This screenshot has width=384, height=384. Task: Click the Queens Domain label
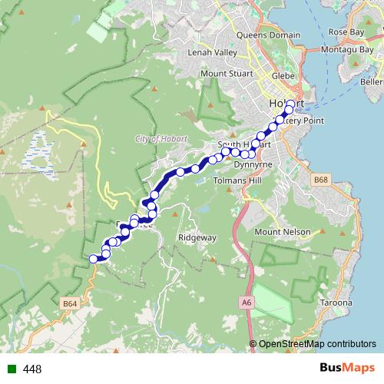click(x=269, y=35)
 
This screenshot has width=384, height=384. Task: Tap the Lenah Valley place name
click(x=213, y=53)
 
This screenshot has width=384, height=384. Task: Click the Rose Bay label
click(x=345, y=32)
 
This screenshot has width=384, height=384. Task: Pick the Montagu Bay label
click(x=353, y=50)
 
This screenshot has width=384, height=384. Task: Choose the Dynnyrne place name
click(x=253, y=164)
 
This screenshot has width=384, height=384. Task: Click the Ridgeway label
click(x=197, y=238)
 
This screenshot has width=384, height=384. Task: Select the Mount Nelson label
click(x=282, y=232)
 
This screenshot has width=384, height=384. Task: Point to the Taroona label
click(x=336, y=303)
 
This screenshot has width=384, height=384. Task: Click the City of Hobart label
click(x=160, y=138)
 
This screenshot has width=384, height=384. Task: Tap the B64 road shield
click(x=71, y=304)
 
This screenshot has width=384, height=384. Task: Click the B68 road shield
click(x=321, y=179)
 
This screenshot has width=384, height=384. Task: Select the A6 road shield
click(x=246, y=303)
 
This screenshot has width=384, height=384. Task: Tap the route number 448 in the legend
click(x=32, y=369)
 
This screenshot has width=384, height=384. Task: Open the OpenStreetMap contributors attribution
click(x=316, y=344)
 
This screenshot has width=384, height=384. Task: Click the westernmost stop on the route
click(x=94, y=259)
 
